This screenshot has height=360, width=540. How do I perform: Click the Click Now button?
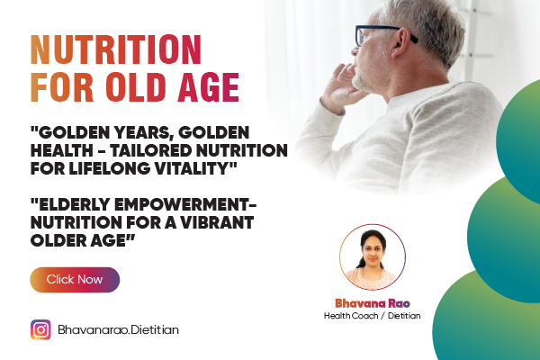(75, 279)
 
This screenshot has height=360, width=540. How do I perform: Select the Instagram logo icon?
(40, 329)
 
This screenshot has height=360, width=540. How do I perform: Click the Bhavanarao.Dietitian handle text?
(118, 330)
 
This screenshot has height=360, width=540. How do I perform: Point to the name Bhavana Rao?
(372, 302)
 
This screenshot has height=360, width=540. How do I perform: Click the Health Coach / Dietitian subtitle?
(372, 317)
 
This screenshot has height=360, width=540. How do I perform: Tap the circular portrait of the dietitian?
(373, 256)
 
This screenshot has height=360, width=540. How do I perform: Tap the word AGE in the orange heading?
(209, 88)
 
